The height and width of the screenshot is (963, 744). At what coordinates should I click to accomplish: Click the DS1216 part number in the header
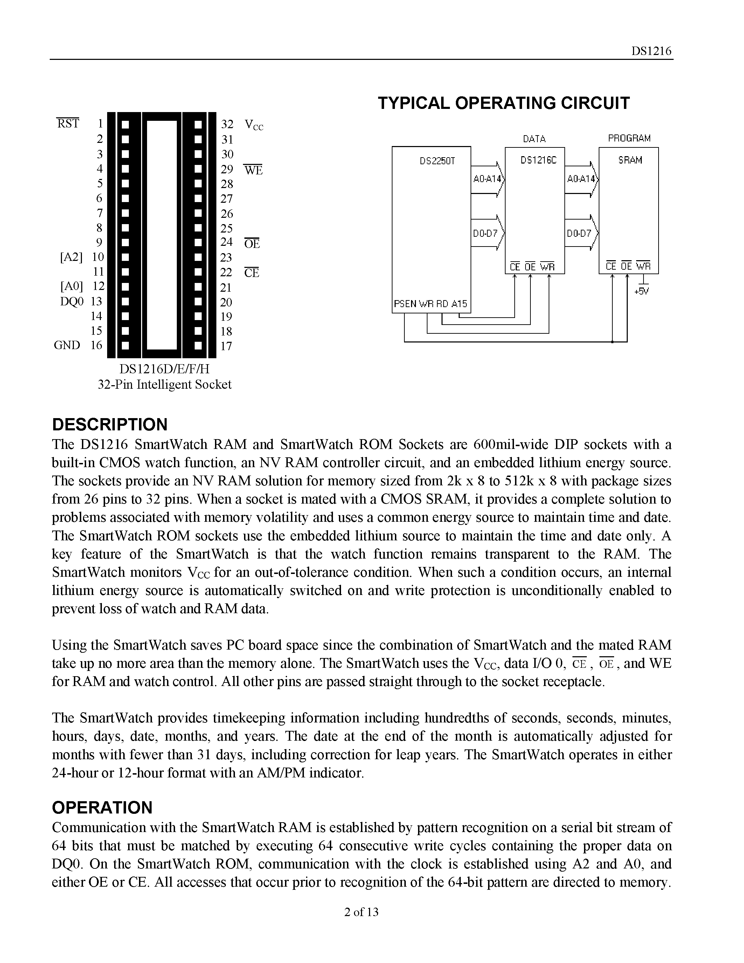pos(651,51)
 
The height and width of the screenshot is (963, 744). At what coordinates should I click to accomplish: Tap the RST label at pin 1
pos(68,124)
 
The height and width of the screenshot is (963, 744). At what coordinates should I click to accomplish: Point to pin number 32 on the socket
pos(227,124)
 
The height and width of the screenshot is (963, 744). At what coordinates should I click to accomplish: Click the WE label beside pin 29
pos(253,170)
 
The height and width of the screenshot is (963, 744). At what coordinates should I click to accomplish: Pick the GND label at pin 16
pos(67,345)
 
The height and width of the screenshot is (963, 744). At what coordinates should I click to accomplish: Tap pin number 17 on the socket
pos(226,346)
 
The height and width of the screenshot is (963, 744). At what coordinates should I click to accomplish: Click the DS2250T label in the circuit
pos(437,161)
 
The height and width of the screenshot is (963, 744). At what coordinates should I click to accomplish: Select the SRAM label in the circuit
pos(630,160)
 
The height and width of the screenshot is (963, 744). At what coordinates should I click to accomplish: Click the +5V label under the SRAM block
pos(641,292)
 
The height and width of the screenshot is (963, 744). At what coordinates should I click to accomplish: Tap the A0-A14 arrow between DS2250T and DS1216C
pos(487,179)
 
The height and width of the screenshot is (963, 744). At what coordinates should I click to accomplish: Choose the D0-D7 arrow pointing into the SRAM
pos(581,233)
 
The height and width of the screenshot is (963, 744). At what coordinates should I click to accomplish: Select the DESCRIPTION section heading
pos(110,424)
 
